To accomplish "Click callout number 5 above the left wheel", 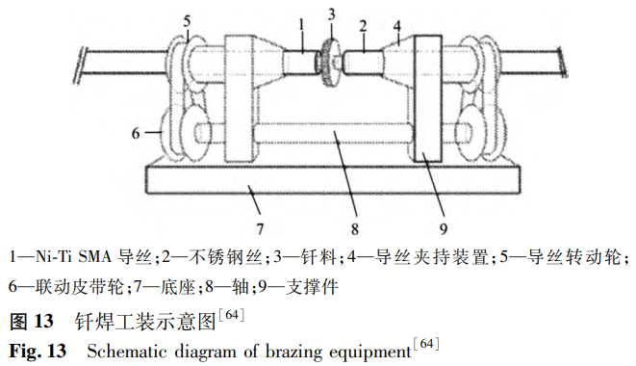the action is pyautogui.click(x=187, y=21).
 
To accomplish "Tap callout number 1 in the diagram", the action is pyautogui.click(x=301, y=26).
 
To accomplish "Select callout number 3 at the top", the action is pyautogui.click(x=331, y=14).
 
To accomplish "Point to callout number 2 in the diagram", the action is pyautogui.click(x=363, y=26).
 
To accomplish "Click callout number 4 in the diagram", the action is pyautogui.click(x=396, y=26).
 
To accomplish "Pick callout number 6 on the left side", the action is pyautogui.click(x=136, y=133).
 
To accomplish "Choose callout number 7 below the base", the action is pyautogui.click(x=260, y=229).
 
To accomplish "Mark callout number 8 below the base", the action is pyautogui.click(x=355, y=229).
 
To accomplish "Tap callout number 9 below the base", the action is pyautogui.click(x=444, y=229).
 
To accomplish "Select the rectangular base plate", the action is pyautogui.click(x=333, y=179).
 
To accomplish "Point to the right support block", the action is pyautogui.click(x=428, y=98).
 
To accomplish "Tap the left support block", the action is pyautogui.click(x=242, y=98).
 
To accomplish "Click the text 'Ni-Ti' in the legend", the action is pyautogui.click(x=54, y=257).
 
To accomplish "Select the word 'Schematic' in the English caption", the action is pyautogui.click(x=127, y=352).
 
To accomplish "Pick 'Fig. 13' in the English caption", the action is pyautogui.click(x=38, y=351).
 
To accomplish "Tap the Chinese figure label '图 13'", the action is pyautogui.click(x=31, y=322).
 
